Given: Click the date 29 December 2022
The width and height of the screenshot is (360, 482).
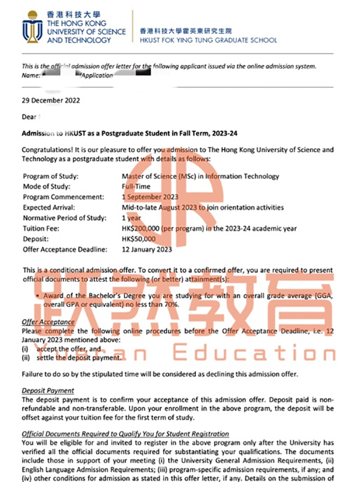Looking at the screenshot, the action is tap(51, 101).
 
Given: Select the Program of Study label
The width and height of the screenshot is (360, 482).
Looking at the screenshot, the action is tap(51, 177).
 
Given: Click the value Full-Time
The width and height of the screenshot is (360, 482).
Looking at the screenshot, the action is tap(136, 187).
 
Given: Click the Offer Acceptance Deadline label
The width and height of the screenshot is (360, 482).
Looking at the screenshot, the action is tap(65, 249).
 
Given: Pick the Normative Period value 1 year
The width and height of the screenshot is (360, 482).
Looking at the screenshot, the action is tap(132, 218).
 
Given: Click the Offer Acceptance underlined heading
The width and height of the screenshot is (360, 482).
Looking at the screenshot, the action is tap(48, 322).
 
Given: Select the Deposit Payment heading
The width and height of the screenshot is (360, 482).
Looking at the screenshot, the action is tap(48, 391).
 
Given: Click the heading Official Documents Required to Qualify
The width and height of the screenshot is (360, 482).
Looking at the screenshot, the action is tap(125, 434).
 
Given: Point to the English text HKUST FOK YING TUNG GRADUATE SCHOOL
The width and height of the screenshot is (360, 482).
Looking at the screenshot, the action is tap(208, 40).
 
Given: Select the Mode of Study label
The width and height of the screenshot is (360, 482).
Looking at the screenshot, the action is tap(46, 187).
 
